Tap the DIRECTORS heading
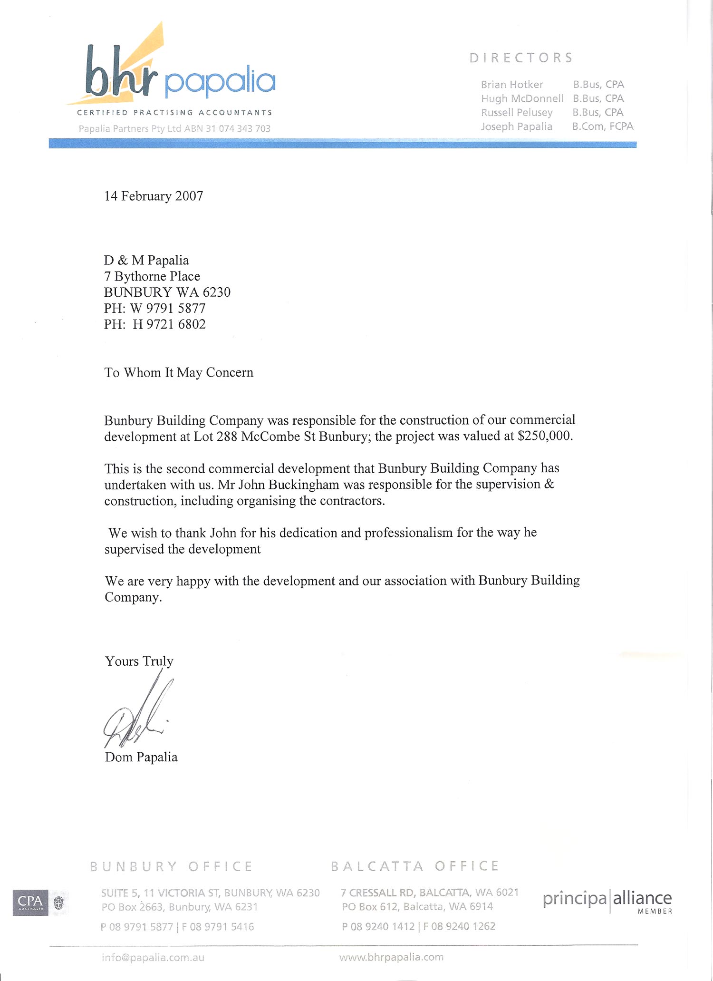point(521,58)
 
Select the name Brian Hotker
point(512,85)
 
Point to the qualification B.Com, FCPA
point(603,126)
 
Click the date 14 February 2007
point(154,196)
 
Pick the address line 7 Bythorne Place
point(152,276)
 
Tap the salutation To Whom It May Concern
point(179,372)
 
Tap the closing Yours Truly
point(139,661)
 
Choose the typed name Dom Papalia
point(141,757)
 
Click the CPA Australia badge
point(30,902)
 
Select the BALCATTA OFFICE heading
point(415,866)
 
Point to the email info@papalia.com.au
point(153,957)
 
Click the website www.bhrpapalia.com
point(391,957)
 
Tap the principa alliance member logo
point(607,901)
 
